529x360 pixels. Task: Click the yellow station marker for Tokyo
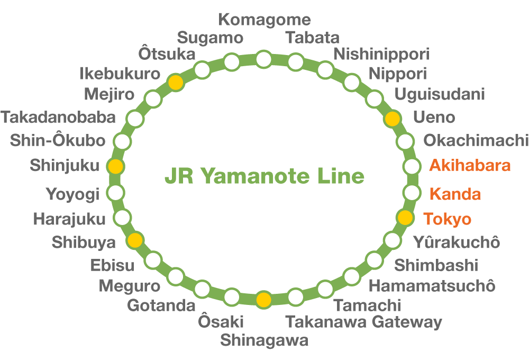click(405, 217)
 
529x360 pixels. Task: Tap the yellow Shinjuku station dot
click(116, 166)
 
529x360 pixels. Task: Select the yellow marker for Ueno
click(392, 119)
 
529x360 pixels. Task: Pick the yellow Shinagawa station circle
click(263, 300)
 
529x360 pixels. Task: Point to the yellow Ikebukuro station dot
click(176, 82)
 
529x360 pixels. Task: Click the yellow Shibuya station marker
click(135, 240)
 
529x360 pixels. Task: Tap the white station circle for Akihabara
click(412, 166)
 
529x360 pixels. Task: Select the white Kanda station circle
click(412, 192)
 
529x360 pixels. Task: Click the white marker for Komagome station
click(263, 59)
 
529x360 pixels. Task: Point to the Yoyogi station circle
click(116, 192)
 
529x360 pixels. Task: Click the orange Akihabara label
click(470, 166)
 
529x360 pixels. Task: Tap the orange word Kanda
click(455, 194)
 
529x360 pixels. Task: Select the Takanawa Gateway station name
click(363, 322)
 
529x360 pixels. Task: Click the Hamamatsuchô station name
click(432, 286)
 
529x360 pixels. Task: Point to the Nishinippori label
click(381, 54)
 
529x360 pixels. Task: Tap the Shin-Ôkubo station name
click(58, 141)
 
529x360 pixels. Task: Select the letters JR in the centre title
click(178, 176)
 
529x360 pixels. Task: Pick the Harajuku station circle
click(122, 217)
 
